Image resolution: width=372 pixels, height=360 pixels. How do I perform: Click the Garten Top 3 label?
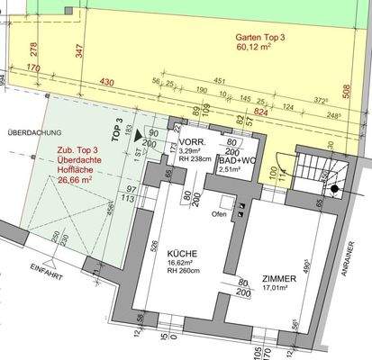pos(261,39)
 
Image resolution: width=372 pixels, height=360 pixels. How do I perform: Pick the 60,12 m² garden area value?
pos(260,49)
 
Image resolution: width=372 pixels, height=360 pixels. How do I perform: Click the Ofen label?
pos(218,214)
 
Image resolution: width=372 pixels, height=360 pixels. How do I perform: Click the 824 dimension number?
pos(264,113)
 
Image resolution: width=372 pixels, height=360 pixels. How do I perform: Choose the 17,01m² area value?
pos(279,290)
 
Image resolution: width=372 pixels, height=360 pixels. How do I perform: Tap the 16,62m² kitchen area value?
pos(183,277)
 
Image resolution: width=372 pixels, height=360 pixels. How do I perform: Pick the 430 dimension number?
pos(107,82)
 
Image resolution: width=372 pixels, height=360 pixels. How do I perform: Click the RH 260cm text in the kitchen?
pos(184,287)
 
